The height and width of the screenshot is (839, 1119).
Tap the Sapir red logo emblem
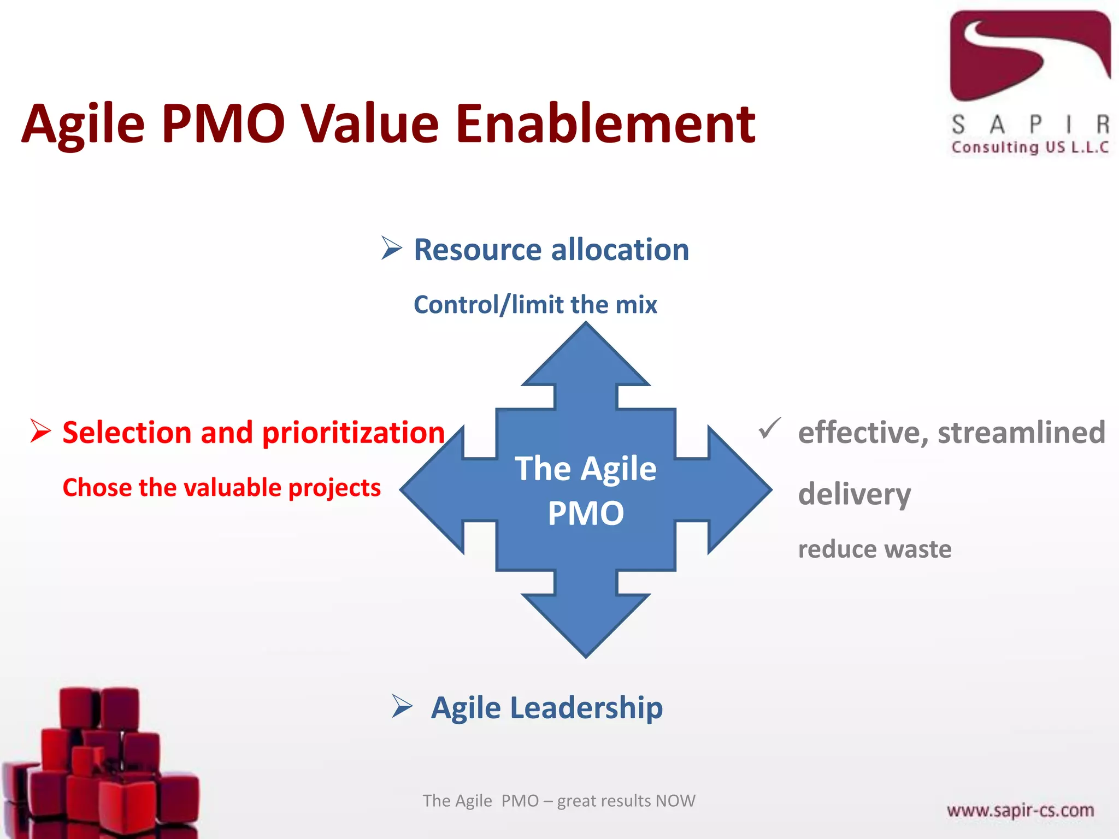[1029, 55]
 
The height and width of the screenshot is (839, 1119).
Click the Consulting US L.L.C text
[1029, 147]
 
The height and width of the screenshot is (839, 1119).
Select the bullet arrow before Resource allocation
[391, 249]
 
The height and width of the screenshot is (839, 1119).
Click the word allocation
[620, 250]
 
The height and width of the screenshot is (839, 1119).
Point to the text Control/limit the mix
[535, 305]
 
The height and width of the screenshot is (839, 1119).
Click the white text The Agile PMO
[586, 490]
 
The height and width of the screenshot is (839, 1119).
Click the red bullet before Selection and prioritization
[40, 431]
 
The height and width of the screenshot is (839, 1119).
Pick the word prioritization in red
[353, 433]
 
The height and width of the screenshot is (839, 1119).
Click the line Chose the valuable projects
[221, 487]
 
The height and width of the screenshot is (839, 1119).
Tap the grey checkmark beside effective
[769, 429]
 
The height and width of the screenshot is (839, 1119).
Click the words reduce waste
[874, 549]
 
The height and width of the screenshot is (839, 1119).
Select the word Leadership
[586, 708]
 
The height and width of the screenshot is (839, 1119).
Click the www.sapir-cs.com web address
[1020, 810]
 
